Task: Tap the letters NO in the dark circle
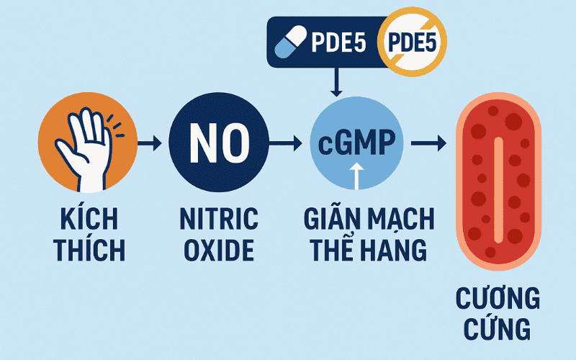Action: pos(220,143)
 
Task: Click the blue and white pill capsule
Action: pos(291,42)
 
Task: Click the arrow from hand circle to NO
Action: pos(150,143)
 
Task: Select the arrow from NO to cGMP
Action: pos(285,143)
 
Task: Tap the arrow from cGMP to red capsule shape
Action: pos(428,143)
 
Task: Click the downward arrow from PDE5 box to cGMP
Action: pos(336,82)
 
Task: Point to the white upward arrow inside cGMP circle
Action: pos(356,176)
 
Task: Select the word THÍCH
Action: pos(89,250)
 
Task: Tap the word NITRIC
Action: pos(219,219)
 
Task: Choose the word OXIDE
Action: pos(219,250)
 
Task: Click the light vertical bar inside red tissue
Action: pos(498,190)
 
